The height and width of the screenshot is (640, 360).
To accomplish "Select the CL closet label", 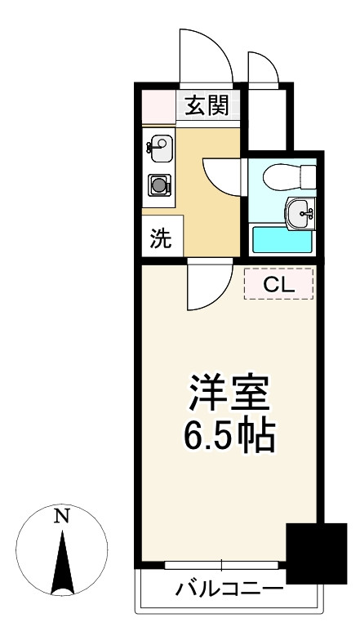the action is coord(279,285).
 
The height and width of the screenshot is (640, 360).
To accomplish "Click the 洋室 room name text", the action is coord(229,393).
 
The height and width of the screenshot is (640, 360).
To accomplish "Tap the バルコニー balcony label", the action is coord(229,589).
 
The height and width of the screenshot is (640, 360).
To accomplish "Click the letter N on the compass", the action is coord(61,516).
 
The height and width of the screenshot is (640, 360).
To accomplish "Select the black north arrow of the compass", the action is coord(62,562).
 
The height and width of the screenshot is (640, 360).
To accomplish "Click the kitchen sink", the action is coord(159,149).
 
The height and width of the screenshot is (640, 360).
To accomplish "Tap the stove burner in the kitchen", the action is coord(159,185).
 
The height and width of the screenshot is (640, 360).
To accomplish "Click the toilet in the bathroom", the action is coord(289,177).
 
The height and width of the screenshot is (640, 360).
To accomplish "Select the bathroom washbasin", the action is coord(300,212).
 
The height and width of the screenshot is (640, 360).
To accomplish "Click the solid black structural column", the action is coord(317,553).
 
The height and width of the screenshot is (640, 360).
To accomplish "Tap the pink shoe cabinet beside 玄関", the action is coord(158,107).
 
